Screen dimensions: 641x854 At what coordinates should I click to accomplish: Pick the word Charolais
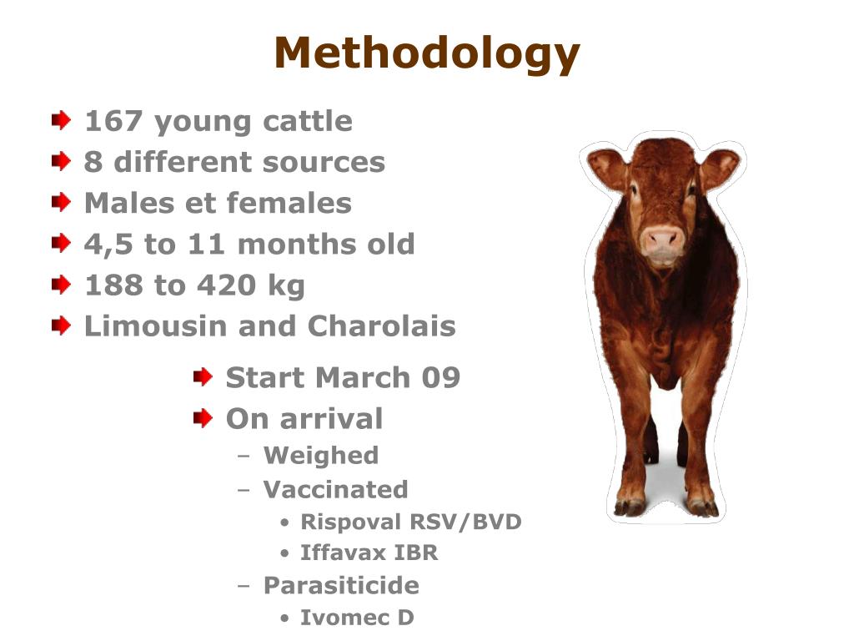tap(382, 326)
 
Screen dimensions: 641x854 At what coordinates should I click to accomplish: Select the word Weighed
tap(320, 456)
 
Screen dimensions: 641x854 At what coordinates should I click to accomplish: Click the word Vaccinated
tap(335, 489)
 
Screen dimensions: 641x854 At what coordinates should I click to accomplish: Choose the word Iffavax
tap(337, 553)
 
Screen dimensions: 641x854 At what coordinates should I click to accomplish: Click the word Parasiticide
tap(341, 586)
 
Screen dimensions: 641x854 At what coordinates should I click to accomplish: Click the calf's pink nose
tap(664, 240)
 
